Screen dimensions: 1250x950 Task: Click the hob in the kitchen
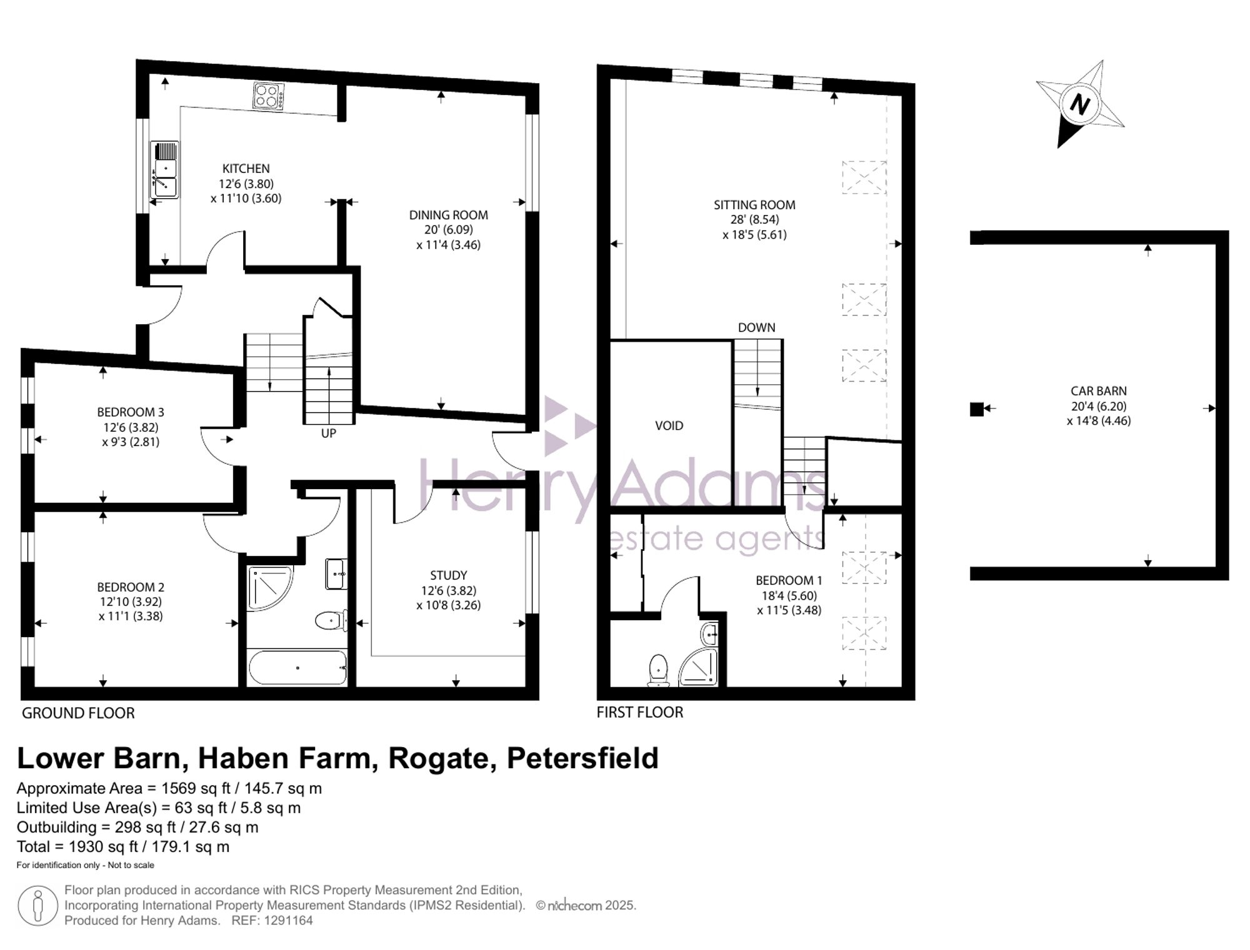(x=269, y=97)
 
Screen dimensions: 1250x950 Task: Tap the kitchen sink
(x=164, y=170)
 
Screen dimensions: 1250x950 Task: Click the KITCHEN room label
(x=246, y=169)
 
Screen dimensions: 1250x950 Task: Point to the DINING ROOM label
(x=449, y=215)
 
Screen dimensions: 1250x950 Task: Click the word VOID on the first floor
(x=669, y=426)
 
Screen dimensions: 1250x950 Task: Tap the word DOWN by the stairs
(x=756, y=327)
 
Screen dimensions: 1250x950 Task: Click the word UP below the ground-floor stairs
(x=329, y=433)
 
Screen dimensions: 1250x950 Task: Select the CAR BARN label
(x=1099, y=391)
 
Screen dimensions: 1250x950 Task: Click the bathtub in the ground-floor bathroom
(x=297, y=668)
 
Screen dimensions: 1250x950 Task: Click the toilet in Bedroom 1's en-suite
(x=658, y=670)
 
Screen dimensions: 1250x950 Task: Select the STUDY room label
(x=449, y=575)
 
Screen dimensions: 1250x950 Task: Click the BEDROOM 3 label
(x=131, y=412)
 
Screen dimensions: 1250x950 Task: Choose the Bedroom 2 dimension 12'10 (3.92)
(x=131, y=602)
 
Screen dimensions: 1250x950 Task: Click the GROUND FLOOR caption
(x=78, y=713)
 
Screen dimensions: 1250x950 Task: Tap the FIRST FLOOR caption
(x=640, y=713)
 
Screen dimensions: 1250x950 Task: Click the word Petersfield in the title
(x=582, y=759)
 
